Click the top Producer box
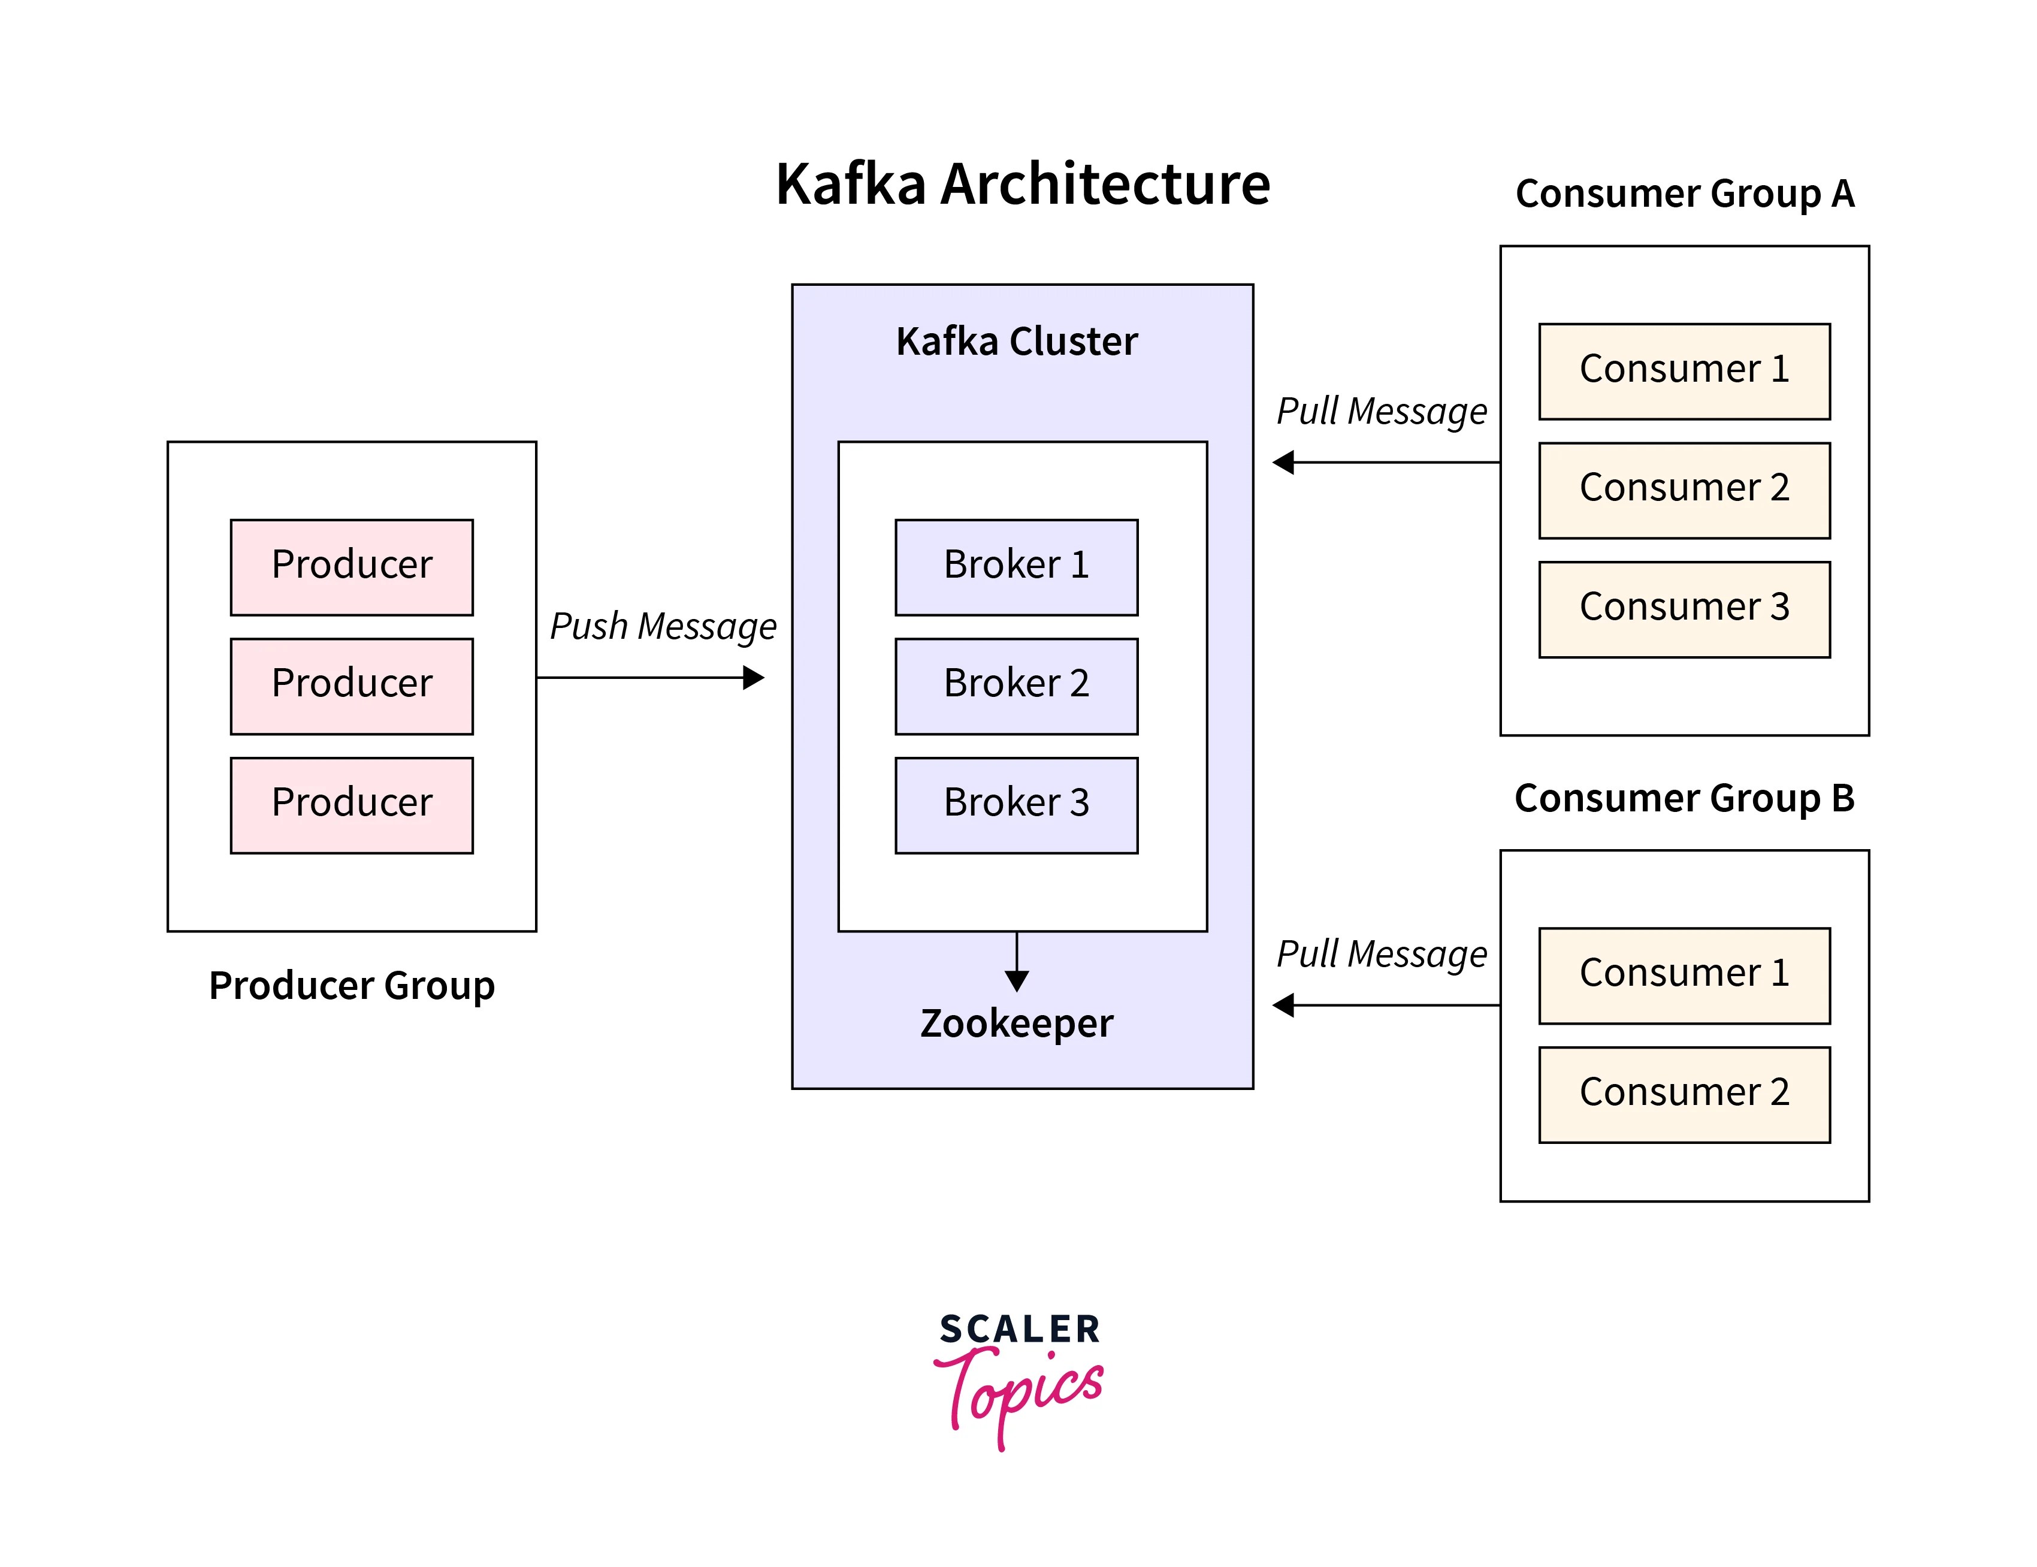coord(352,567)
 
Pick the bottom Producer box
coord(352,805)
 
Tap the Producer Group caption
coord(352,985)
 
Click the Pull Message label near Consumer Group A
coord(1382,410)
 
